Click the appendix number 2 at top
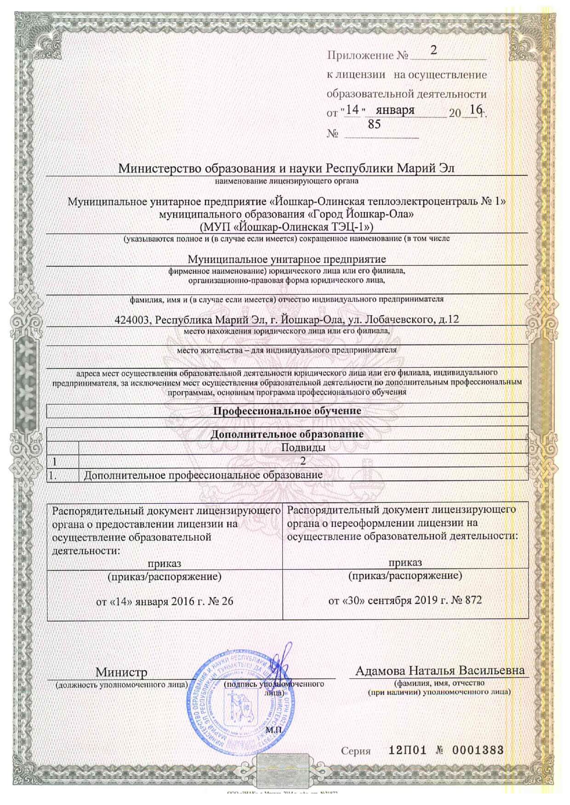tap(433, 50)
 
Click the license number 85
tap(374, 124)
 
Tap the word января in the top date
tap(395, 110)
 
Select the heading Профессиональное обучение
tap(287, 411)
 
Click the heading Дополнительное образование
tap(287, 434)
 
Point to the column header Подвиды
tap(303, 447)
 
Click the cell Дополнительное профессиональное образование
tap(203, 475)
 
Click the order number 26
tap(227, 601)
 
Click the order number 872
tap(473, 600)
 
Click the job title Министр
tap(121, 672)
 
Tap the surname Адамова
tap(380, 670)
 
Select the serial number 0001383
tap(478, 750)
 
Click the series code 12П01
tap(407, 750)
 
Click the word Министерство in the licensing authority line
tap(160, 168)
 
